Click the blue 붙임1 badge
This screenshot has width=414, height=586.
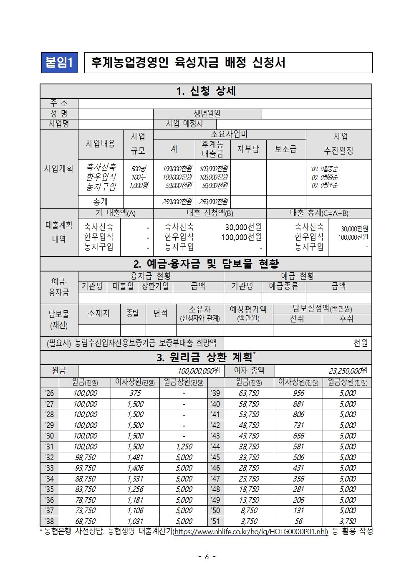tap(59, 63)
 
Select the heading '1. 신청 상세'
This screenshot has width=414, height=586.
tap(206, 91)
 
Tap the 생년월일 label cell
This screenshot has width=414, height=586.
tap(207, 114)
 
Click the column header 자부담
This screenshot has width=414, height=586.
tap(248, 149)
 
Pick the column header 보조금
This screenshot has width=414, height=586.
tap(286, 149)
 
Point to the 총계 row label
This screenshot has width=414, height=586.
tap(100, 202)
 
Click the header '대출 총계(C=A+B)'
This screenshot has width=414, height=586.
tap(319, 213)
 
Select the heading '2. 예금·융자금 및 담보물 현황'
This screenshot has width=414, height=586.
tap(206, 264)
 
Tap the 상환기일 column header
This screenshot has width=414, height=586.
tap(155, 286)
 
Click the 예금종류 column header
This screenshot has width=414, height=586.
tap(284, 286)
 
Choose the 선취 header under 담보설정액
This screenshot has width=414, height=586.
tap(297, 319)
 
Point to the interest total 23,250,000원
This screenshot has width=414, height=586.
tap(348, 370)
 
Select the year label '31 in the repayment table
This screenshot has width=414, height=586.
tap(49, 446)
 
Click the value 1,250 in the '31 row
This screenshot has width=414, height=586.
tap(184, 446)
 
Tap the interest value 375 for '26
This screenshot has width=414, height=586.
tap(135, 393)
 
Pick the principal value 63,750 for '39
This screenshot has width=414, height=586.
tap(249, 393)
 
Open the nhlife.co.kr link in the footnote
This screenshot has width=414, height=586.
tap(250, 532)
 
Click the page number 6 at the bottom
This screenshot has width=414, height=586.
tap(207, 557)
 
